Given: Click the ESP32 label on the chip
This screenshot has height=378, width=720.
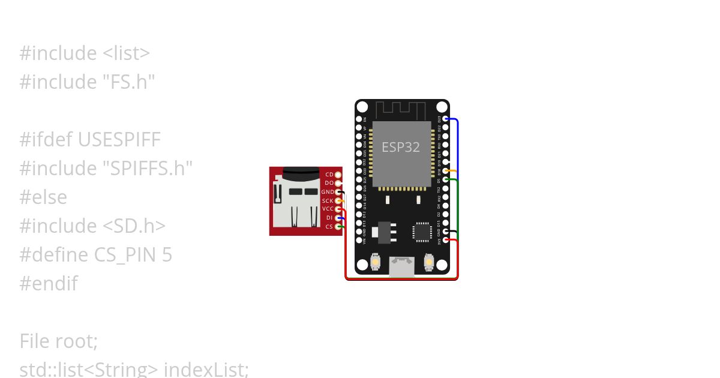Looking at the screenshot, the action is [401, 147].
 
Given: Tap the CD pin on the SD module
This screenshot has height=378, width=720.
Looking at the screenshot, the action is [338, 174].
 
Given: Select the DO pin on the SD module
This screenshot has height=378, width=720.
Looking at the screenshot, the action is [338, 182].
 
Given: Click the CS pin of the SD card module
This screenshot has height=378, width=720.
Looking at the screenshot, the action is [338, 226].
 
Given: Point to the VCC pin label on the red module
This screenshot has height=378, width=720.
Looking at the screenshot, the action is [328, 209].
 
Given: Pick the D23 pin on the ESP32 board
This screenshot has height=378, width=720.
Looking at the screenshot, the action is [445, 119].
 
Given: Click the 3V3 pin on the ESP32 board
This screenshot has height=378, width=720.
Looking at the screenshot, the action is [445, 241].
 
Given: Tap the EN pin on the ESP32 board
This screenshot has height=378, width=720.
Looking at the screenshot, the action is [359, 119].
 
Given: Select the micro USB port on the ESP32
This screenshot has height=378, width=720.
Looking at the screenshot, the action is [401, 266].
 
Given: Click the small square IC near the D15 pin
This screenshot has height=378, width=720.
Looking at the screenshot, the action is [422, 232].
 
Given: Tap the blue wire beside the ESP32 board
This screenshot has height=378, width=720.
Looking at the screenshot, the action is [458, 144].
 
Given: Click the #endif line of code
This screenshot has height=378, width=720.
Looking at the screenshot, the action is [48, 284].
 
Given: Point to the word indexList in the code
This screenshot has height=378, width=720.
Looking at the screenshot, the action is [206, 369].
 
